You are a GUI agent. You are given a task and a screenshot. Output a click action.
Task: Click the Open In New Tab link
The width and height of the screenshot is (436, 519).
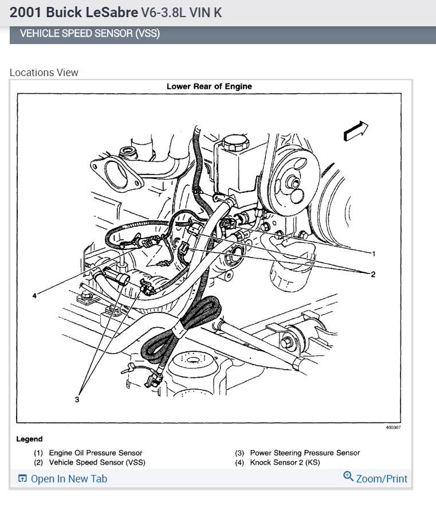(x=68, y=479)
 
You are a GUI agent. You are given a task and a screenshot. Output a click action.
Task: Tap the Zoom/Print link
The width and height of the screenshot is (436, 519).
(x=382, y=478)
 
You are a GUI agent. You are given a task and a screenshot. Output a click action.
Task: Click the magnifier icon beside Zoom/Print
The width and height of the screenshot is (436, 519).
(x=348, y=477)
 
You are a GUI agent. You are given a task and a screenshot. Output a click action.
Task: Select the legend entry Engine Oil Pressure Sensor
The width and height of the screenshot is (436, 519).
(x=95, y=453)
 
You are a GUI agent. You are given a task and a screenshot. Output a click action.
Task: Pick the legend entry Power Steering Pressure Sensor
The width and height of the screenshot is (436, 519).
(x=305, y=453)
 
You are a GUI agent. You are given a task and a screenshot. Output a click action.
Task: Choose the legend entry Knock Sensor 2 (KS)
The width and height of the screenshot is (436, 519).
(x=285, y=462)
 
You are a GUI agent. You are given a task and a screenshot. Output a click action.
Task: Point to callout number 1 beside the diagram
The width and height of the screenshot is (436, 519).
(x=374, y=253)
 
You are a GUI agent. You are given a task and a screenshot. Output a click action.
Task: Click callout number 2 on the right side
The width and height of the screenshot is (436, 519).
(x=373, y=275)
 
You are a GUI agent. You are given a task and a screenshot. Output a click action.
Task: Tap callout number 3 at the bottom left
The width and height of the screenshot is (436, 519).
(x=77, y=399)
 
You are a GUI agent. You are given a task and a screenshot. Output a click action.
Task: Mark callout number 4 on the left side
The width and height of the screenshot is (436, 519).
(x=35, y=296)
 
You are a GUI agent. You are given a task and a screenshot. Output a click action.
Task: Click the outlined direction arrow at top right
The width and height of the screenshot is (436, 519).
(x=355, y=131)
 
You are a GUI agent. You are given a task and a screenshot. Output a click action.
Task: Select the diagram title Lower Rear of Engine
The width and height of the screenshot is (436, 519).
(x=209, y=86)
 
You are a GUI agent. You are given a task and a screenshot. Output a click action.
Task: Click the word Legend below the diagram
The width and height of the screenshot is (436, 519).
(x=29, y=439)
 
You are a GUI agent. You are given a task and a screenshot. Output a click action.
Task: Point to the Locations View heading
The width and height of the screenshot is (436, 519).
(x=44, y=73)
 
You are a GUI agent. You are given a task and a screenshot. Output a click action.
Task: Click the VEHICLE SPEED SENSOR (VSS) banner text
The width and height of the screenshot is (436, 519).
(x=89, y=34)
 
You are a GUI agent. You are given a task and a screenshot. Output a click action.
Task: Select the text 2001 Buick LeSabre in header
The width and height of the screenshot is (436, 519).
(x=74, y=12)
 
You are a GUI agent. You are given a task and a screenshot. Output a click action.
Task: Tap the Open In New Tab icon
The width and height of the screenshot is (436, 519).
(x=22, y=479)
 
